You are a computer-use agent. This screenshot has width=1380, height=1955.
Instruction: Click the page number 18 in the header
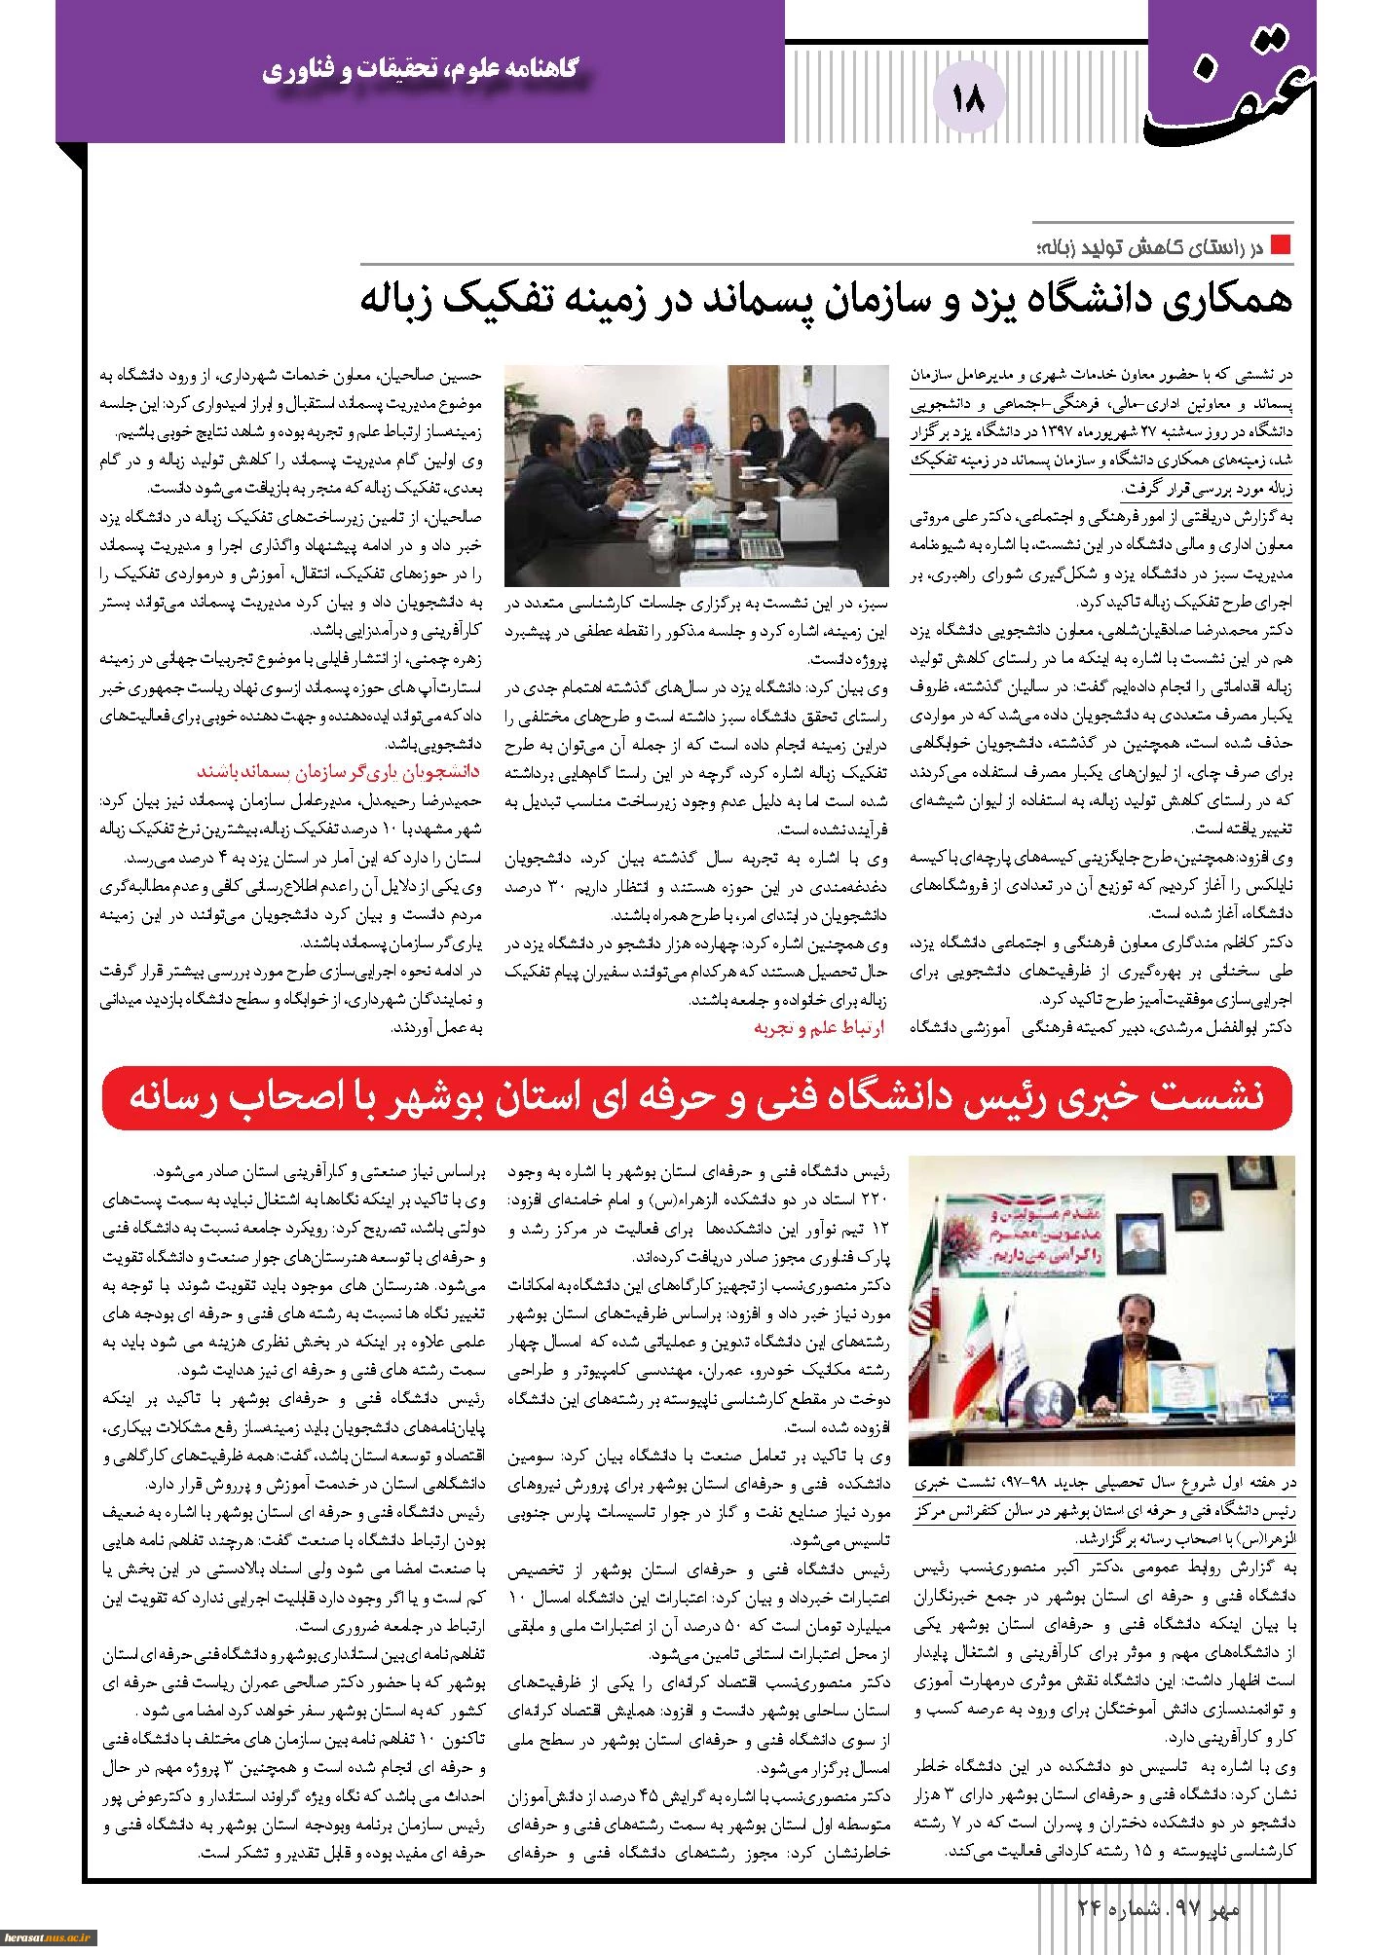[x=971, y=99]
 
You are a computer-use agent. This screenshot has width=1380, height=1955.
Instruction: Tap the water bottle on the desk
[x=1269, y=1397]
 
